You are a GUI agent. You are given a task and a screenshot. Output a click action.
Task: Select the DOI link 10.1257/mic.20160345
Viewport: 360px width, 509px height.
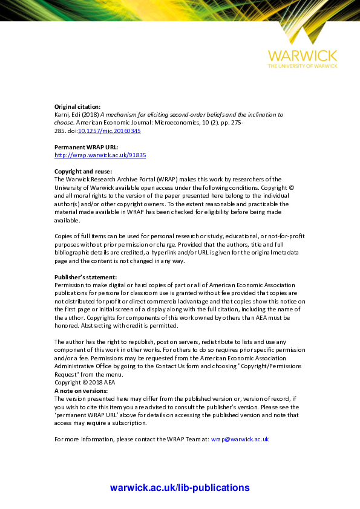[x=110, y=130]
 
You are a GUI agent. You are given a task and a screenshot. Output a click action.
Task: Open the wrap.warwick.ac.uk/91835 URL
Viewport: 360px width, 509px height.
[x=100, y=155]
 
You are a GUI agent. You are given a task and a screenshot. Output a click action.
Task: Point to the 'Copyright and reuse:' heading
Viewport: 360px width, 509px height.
[x=83, y=172]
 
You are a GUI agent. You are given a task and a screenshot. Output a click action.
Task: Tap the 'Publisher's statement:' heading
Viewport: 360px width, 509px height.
[x=85, y=277]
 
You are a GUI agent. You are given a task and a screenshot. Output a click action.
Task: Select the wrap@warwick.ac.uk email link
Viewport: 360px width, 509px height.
[x=240, y=439]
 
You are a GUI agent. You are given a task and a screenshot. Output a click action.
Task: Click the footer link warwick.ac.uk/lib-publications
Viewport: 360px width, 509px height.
[x=180, y=488]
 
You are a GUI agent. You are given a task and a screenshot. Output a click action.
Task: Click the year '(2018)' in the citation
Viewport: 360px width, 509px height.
[x=91, y=114]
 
